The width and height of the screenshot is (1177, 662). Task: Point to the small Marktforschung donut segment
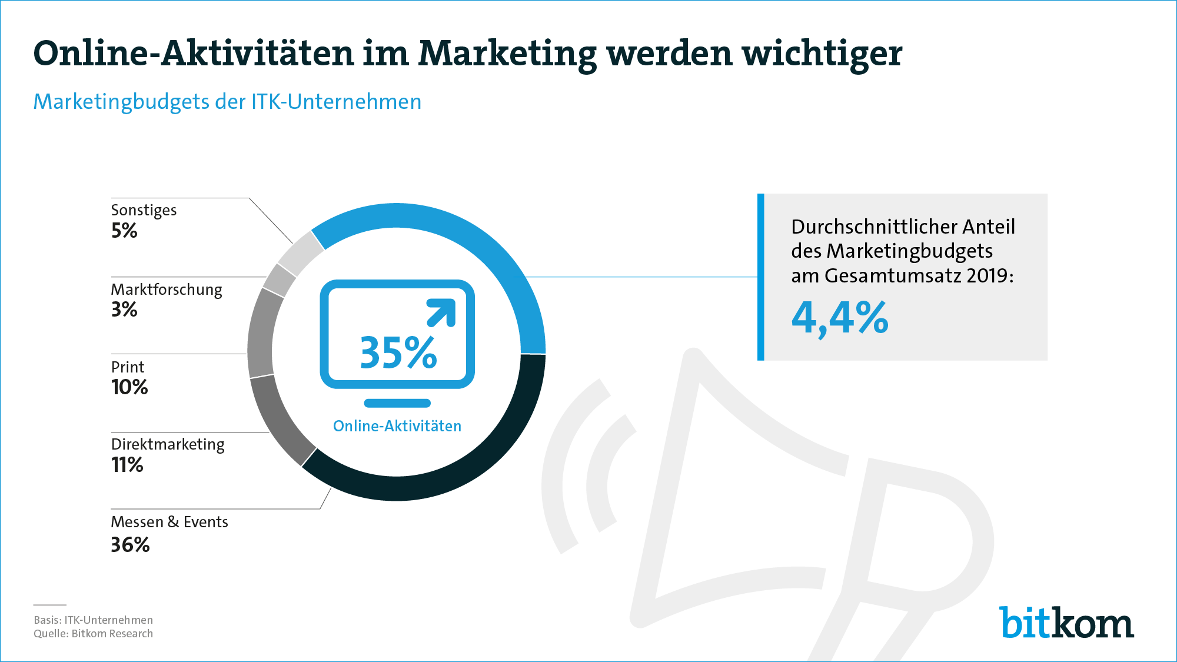pyautogui.click(x=279, y=280)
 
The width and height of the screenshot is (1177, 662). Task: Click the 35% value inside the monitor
pyautogui.click(x=398, y=353)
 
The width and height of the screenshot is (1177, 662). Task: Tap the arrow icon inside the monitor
pyautogui.click(x=441, y=312)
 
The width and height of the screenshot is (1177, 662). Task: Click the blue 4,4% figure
pyautogui.click(x=840, y=318)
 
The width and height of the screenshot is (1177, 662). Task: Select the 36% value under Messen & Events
pyautogui.click(x=130, y=545)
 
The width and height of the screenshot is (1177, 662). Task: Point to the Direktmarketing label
pyautogui.click(x=168, y=444)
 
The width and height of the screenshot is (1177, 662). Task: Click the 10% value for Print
pyautogui.click(x=129, y=387)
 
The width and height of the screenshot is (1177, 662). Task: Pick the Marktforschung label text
pyautogui.click(x=167, y=290)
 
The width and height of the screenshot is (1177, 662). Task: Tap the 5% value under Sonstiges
pyautogui.click(x=124, y=231)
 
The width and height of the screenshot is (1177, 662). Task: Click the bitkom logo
pyautogui.click(x=1066, y=622)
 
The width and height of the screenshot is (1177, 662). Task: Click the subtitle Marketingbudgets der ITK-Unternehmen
pyautogui.click(x=227, y=102)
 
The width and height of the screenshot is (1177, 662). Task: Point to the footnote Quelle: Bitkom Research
pyautogui.click(x=93, y=634)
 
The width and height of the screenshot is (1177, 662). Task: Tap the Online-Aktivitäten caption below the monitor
pyautogui.click(x=397, y=426)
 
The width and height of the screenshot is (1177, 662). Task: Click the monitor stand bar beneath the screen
pyautogui.click(x=397, y=403)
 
